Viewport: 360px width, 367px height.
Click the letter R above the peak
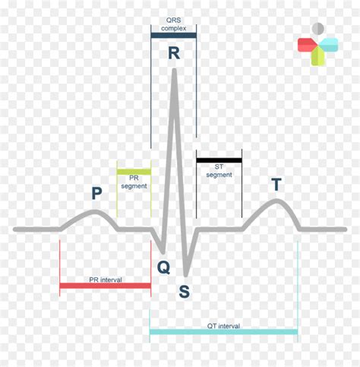tap(174, 53)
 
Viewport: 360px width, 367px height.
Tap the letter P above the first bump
tap(96, 193)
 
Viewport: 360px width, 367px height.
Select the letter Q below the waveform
tap(163, 267)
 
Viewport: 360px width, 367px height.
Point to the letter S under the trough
tap(184, 291)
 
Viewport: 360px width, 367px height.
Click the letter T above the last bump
tap(276, 185)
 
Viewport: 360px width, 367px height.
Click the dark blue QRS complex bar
tap(174, 36)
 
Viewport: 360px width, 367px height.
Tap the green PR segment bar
tap(134, 172)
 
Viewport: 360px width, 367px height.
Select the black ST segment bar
tap(219, 160)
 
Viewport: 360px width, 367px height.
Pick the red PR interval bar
tap(106, 286)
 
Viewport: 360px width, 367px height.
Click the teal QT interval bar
tap(224, 332)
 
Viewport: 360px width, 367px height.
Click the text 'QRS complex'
tap(174, 24)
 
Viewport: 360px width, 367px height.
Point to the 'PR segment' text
tap(134, 182)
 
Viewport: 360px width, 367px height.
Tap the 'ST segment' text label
tap(219, 171)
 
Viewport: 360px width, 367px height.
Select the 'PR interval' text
tap(106, 280)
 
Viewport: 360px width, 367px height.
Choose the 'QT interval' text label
tap(223, 326)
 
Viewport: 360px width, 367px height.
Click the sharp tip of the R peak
tap(174, 70)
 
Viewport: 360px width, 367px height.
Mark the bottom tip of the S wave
tap(186, 275)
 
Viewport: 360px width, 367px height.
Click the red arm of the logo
tap(308, 45)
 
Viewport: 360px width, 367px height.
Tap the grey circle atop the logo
tap(318, 29)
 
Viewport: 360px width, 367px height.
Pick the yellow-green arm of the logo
tap(318, 56)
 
